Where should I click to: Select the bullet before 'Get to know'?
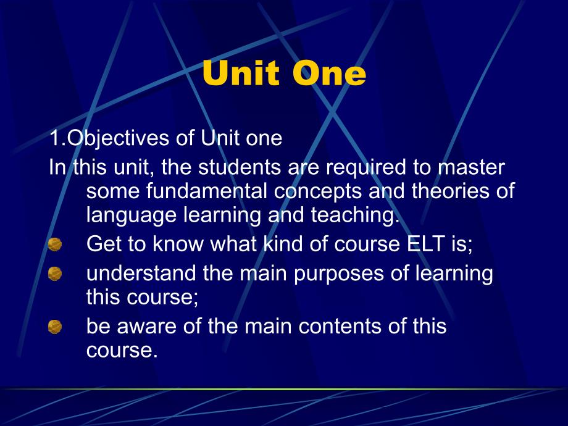(55, 244)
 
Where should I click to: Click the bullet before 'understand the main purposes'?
(55, 274)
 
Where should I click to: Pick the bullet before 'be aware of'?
(55, 327)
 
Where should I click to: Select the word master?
(471, 167)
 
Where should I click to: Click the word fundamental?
(207, 191)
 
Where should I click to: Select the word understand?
(141, 273)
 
